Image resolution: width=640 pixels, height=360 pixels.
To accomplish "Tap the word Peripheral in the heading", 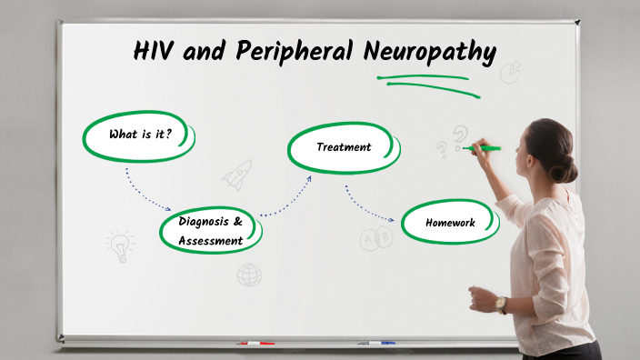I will pyautogui.click(x=295, y=52).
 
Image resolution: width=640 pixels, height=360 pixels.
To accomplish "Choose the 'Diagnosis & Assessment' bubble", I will pyautogui.click(x=211, y=231).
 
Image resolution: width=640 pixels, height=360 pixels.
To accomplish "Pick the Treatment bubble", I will pyautogui.click(x=344, y=147).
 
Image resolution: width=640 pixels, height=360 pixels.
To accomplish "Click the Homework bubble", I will pyautogui.click(x=450, y=223).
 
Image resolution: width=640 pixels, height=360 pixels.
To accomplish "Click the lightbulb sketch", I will pyautogui.click(x=118, y=245).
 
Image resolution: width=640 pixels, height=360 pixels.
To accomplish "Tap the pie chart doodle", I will pyautogui.click(x=511, y=71).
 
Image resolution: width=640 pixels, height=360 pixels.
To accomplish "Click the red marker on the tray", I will pyautogui.click(x=255, y=344).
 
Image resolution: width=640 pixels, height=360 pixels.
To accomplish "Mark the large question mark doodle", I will pyautogui.click(x=461, y=136).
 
